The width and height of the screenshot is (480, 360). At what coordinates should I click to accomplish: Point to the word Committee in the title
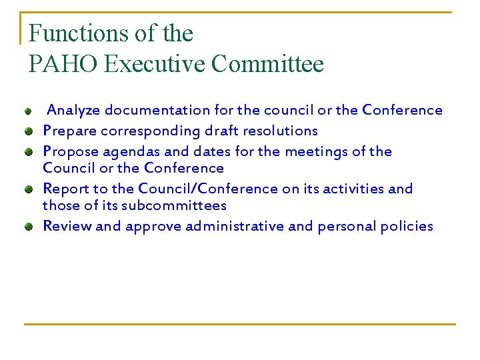(x=267, y=64)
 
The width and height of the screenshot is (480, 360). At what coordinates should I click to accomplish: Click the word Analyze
(x=74, y=110)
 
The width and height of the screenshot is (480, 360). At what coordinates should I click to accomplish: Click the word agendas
(x=127, y=151)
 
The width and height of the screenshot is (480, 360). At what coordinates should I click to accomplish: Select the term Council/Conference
(x=208, y=189)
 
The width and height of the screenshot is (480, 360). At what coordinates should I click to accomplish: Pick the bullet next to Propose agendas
(x=29, y=152)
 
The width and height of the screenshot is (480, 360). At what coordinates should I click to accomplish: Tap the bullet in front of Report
(x=29, y=189)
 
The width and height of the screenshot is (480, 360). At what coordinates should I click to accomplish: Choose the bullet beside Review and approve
(x=29, y=227)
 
